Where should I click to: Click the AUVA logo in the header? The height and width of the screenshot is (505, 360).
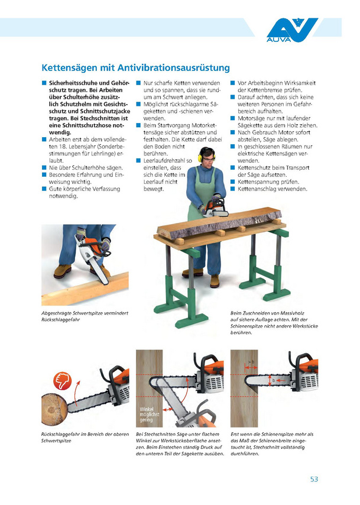pos(292,30)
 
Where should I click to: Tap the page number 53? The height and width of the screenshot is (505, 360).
pos(314,479)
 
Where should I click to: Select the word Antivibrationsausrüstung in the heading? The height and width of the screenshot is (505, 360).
pos(174,68)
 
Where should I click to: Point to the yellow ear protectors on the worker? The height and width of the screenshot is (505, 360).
pos(200,156)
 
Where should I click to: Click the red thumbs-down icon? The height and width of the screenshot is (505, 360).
pos(62,381)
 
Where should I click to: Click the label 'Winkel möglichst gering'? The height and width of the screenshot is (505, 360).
pos(149,415)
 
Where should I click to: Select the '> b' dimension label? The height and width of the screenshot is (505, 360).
pos(251,362)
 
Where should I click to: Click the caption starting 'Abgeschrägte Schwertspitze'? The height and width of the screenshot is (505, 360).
pos(85,316)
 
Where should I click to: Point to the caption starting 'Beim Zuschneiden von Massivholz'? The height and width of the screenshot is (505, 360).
pos(274,323)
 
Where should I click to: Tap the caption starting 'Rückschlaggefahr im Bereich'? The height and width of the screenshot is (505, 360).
pos(85,438)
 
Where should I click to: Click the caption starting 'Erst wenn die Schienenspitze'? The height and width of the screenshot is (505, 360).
pos(272,444)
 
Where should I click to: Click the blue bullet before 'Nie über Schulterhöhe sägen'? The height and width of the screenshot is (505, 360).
pos(44,167)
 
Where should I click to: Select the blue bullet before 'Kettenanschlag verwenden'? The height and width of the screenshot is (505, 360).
pos(232,189)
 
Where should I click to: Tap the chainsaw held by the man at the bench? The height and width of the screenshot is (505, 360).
pos(214,207)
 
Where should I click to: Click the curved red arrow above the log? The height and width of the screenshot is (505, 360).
pos(76,394)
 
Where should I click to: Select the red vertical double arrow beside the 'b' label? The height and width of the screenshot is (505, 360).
pos(270,381)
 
